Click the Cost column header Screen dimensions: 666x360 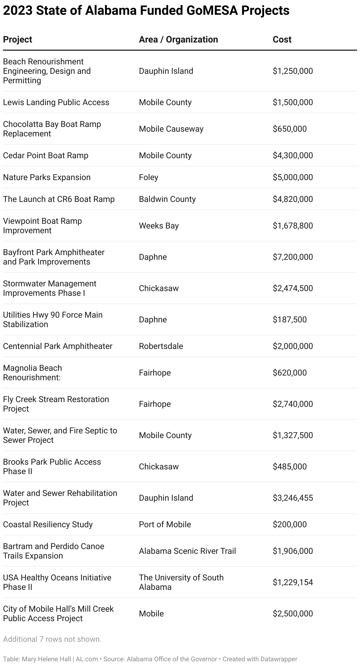(282, 40)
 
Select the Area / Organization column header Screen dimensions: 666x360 (178, 40)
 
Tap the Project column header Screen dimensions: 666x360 (17, 40)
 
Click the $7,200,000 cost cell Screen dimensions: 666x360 (292, 257)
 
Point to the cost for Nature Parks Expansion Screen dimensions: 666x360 (292, 177)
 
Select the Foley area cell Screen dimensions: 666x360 (148, 177)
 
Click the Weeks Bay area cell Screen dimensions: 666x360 (159, 226)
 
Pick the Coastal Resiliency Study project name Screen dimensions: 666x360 (48, 524)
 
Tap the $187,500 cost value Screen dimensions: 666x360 (289, 319)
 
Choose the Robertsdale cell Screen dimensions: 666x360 (161, 346)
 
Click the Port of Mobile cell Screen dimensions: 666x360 (165, 524)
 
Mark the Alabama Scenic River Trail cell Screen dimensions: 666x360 (187, 551)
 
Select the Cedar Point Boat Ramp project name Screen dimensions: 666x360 (46, 155)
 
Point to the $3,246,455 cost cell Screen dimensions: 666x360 (292, 498)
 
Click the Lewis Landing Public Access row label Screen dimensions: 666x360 (56, 102)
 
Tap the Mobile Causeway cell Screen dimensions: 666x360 (171, 129)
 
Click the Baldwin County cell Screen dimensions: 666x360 (167, 199)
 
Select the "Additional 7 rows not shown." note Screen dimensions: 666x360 (52, 639)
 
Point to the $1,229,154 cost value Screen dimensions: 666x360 (292, 582)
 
